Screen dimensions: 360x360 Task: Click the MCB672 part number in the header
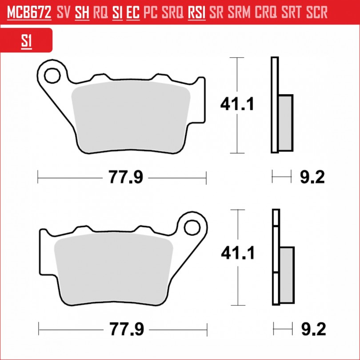pyautogui.click(x=29, y=12)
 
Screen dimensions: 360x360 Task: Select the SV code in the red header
pyautogui.click(x=64, y=12)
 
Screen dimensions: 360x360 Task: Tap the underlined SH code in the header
pyautogui.click(x=82, y=12)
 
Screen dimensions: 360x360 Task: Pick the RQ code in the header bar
pyautogui.click(x=100, y=12)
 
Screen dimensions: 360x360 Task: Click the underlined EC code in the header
pyautogui.click(x=133, y=12)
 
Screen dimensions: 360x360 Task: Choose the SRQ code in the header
pyautogui.click(x=172, y=12)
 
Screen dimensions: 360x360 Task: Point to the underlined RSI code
pyautogui.click(x=196, y=12)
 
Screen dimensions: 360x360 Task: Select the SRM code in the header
pyautogui.click(x=239, y=12)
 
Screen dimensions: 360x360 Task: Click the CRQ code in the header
pyautogui.click(x=266, y=12)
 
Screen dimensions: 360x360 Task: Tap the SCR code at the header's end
pyautogui.click(x=317, y=12)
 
